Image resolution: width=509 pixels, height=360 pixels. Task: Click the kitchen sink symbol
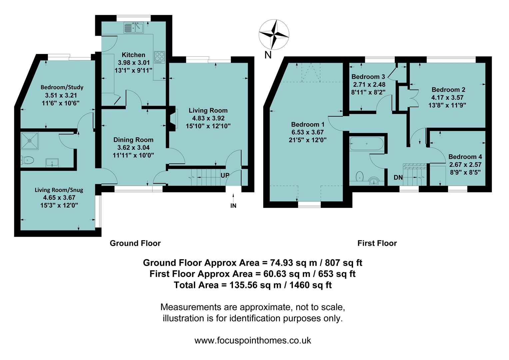pos(133,27)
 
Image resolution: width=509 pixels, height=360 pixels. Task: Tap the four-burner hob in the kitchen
pos(160,57)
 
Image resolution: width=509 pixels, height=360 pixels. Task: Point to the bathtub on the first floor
pos(366,144)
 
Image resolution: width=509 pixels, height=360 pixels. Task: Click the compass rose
pos(274,34)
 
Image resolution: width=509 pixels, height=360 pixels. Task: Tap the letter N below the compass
pos(267,55)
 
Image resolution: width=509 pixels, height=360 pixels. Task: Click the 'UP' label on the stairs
pos(225,175)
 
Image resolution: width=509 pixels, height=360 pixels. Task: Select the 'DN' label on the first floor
pos(398,178)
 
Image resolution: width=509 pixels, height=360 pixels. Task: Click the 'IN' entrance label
pos(233,206)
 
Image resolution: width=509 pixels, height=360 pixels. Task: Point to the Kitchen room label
pos(133,55)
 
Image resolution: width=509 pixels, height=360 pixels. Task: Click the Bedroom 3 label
pos(366,77)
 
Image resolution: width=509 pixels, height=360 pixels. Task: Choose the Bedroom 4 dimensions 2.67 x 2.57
pos(465,165)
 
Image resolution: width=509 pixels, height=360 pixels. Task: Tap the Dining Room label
pos(133,140)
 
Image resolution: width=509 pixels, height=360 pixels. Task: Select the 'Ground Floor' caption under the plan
pos(135,243)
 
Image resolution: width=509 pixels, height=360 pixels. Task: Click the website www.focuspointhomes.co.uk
pos(253,340)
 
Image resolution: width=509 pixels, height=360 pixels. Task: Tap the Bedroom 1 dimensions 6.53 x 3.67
pos(307,132)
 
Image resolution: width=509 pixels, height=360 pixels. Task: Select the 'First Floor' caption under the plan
pos(377,243)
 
